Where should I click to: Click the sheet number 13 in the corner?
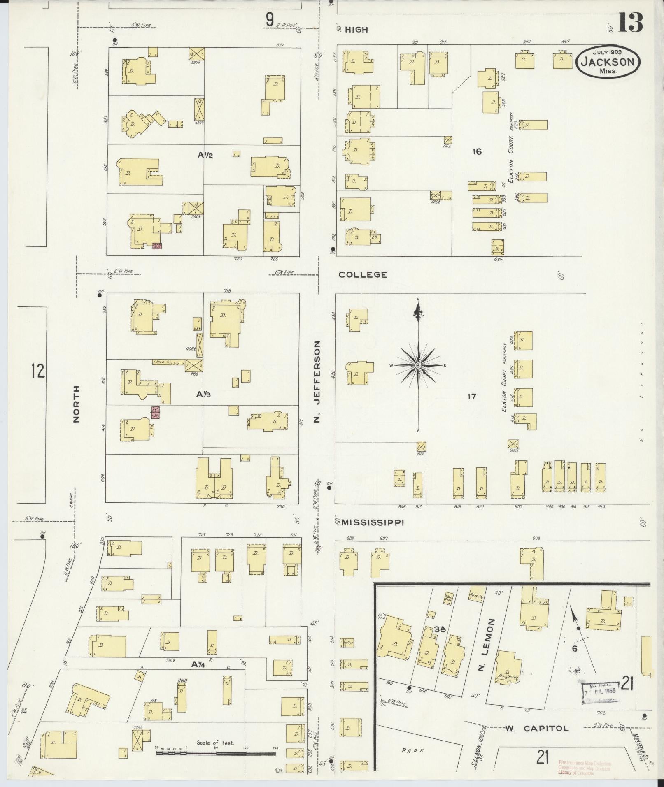click(x=630, y=23)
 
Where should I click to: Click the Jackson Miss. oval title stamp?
click(x=608, y=61)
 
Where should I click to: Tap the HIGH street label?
click(x=356, y=30)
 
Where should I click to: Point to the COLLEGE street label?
click(x=363, y=274)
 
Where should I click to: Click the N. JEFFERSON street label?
click(x=317, y=382)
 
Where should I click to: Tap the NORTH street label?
click(x=76, y=404)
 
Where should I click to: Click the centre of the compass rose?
click(x=418, y=365)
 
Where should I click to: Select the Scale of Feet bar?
click(x=216, y=754)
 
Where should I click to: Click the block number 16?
click(x=477, y=151)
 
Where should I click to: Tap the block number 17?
click(x=472, y=397)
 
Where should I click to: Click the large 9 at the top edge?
click(x=270, y=20)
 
